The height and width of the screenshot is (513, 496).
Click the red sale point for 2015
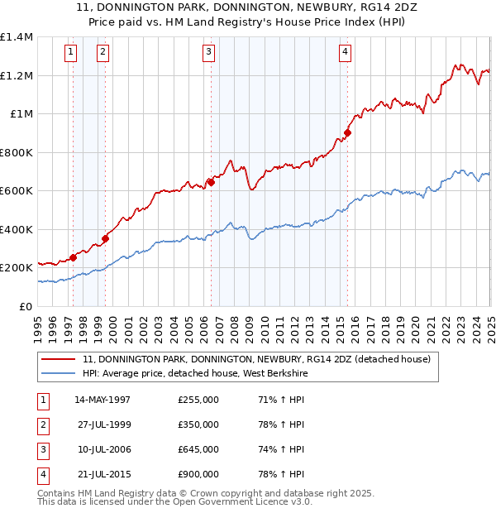pyautogui.click(x=348, y=132)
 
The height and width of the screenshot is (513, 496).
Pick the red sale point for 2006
pyautogui.click(x=211, y=182)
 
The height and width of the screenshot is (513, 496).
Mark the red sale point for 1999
pyautogui.click(x=106, y=239)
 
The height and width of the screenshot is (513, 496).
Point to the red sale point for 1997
pyautogui.click(x=73, y=257)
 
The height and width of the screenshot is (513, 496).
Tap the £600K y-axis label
pyautogui.click(x=17, y=191)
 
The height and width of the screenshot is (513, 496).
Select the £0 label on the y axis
pyautogui.click(x=26, y=306)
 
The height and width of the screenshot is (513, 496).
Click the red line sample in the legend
pyautogui.click(x=58, y=360)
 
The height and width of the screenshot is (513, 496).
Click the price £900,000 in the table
pyautogui.click(x=198, y=474)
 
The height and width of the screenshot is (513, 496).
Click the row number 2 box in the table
pyautogui.click(x=41, y=424)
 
